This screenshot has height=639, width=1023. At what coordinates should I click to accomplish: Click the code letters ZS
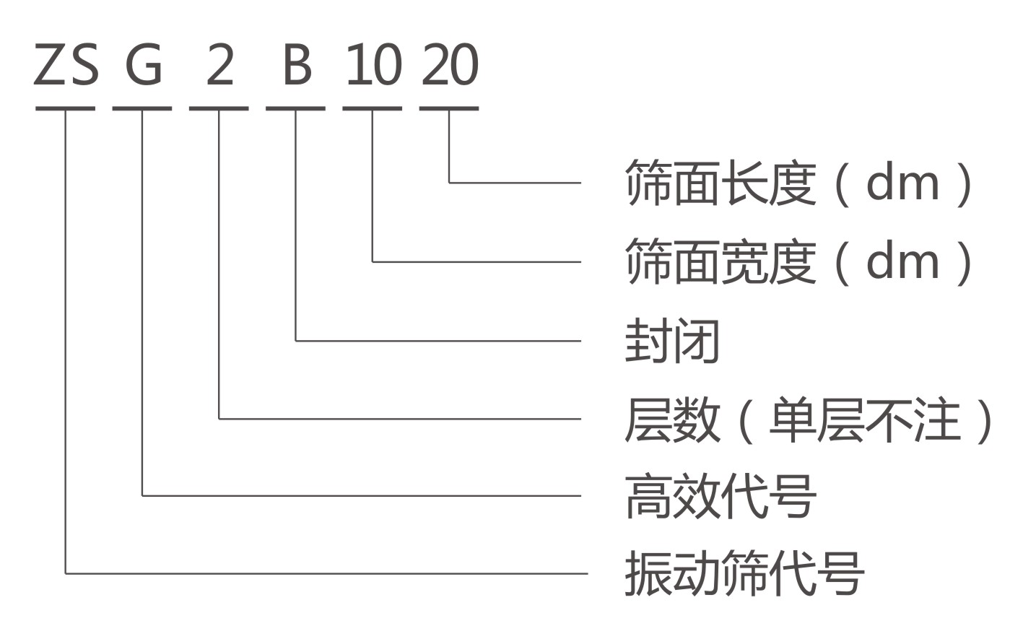coord(66,66)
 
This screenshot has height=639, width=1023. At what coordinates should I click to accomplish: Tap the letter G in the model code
coord(144,66)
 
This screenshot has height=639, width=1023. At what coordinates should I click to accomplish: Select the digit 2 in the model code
coord(220,66)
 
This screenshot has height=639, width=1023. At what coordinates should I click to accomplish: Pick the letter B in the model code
coord(296,66)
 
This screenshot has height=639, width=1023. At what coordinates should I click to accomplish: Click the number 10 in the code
coord(373,66)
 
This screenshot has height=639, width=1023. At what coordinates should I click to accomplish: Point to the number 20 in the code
coord(449,66)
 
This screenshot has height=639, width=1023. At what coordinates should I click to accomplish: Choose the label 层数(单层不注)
coord(809,420)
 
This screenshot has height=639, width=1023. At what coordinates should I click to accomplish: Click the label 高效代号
coord(720,496)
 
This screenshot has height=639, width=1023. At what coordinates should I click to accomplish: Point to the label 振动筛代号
coord(744,573)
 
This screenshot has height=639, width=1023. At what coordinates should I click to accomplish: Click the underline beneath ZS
coord(66,108)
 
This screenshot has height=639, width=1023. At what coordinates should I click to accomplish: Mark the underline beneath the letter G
coord(142,108)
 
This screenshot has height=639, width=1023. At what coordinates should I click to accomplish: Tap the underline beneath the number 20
coord(449,108)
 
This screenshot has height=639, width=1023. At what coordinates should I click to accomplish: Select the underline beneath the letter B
coord(296,108)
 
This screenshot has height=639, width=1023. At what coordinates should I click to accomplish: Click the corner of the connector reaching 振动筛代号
coord(66,574)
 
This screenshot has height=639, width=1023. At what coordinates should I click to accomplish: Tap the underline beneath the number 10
coord(373,108)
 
